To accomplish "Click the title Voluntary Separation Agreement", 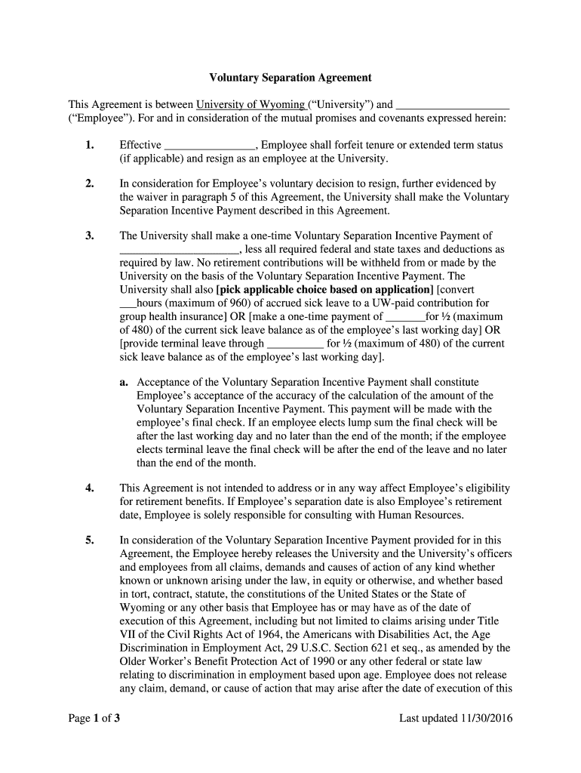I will point(290,77).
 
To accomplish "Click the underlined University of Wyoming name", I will point(250,105).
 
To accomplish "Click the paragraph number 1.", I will point(90,145).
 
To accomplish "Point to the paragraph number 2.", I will point(90,183).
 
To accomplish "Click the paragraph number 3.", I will point(90,236).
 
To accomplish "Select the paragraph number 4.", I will point(90,488).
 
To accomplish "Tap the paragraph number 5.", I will point(90,540).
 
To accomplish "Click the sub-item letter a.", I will point(124,383).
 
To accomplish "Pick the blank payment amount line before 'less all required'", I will point(180,250).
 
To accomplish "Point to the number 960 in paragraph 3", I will point(245,303).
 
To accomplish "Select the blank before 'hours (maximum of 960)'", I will point(128,304).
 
